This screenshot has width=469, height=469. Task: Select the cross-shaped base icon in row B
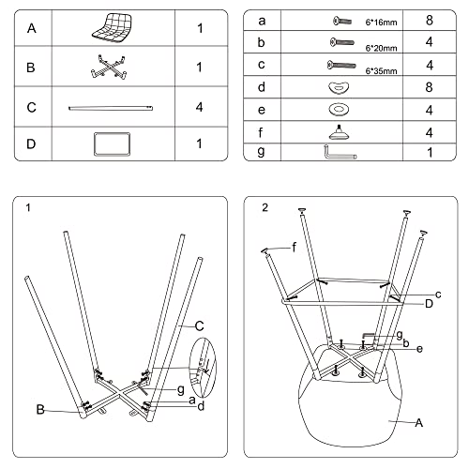(x=109, y=67)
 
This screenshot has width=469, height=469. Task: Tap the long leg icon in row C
(x=111, y=108)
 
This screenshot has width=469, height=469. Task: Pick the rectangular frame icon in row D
(x=112, y=144)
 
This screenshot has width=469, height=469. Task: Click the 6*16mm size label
(x=381, y=23)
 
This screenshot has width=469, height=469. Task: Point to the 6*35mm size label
(x=381, y=71)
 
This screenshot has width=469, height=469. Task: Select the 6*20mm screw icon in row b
(x=342, y=42)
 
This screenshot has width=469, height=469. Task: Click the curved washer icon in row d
(x=339, y=87)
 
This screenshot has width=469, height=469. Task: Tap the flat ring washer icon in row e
(x=339, y=110)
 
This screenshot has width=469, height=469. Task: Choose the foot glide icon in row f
(x=339, y=132)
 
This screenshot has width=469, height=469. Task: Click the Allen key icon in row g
(x=340, y=152)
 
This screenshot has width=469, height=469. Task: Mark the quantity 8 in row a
(x=430, y=21)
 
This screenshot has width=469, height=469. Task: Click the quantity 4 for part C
(x=199, y=107)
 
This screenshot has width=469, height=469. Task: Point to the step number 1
(x=28, y=207)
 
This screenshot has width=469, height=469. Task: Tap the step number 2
(x=265, y=207)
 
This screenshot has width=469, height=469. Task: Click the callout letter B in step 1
(x=40, y=410)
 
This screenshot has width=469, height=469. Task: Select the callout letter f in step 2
(x=294, y=248)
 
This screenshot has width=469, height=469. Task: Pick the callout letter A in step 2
(x=419, y=423)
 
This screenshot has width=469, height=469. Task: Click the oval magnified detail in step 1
(x=204, y=368)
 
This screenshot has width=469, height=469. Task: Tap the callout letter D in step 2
(x=429, y=304)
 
